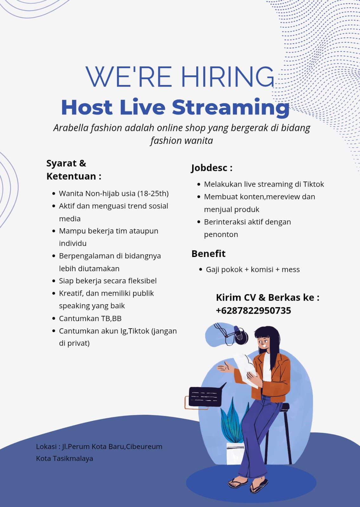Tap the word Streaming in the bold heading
(231, 108)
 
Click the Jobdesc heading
(212, 168)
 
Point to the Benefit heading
(208, 253)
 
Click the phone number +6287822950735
(253, 311)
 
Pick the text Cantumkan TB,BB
(90, 318)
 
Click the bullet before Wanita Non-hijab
(54, 194)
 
